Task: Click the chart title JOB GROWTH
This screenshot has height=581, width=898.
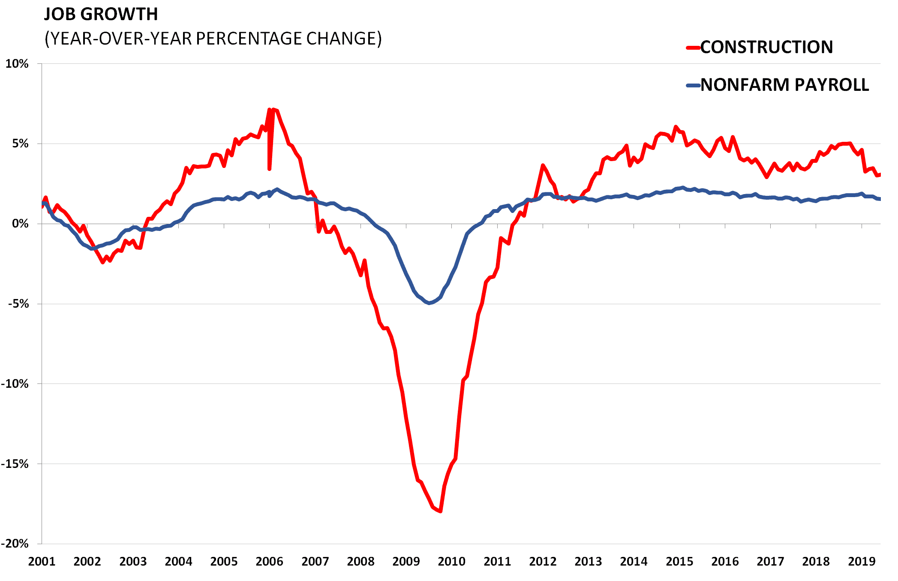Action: (101, 15)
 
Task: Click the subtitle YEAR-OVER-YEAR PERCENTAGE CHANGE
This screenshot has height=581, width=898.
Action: (213, 39)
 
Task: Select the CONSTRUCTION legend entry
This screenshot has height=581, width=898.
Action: (766, 47)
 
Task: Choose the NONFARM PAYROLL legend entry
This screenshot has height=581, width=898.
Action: (784, 85)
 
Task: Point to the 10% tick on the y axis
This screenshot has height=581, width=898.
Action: (17, 64)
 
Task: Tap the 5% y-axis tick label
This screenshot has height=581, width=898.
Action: (20, 144)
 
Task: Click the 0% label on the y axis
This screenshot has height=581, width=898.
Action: (20, 224)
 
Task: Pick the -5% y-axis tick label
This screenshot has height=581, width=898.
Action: (18, 304)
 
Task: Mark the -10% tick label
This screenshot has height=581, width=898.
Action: (15, 384)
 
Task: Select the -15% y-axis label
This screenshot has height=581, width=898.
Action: (15, 464)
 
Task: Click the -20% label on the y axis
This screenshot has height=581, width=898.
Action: (15, 544)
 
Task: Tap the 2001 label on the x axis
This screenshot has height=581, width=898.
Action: (42, 562)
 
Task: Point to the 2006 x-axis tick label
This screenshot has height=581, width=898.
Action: (269, 562)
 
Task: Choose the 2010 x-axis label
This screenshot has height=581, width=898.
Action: (451, 562)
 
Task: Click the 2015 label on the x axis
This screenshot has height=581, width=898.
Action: (679, 562)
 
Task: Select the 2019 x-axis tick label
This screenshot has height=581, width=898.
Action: (862, 562)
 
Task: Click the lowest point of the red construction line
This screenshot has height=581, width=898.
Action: (441, 511)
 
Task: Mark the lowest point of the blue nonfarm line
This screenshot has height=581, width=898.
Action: (429, 303)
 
